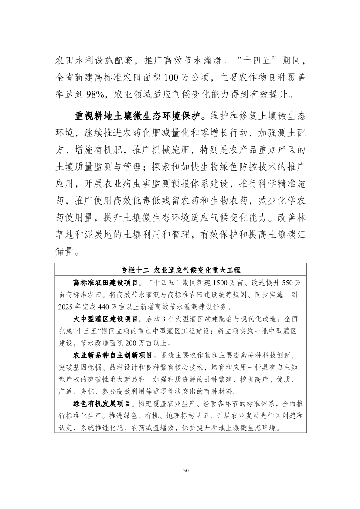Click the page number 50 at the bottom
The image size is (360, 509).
click(x=186, y=470)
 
